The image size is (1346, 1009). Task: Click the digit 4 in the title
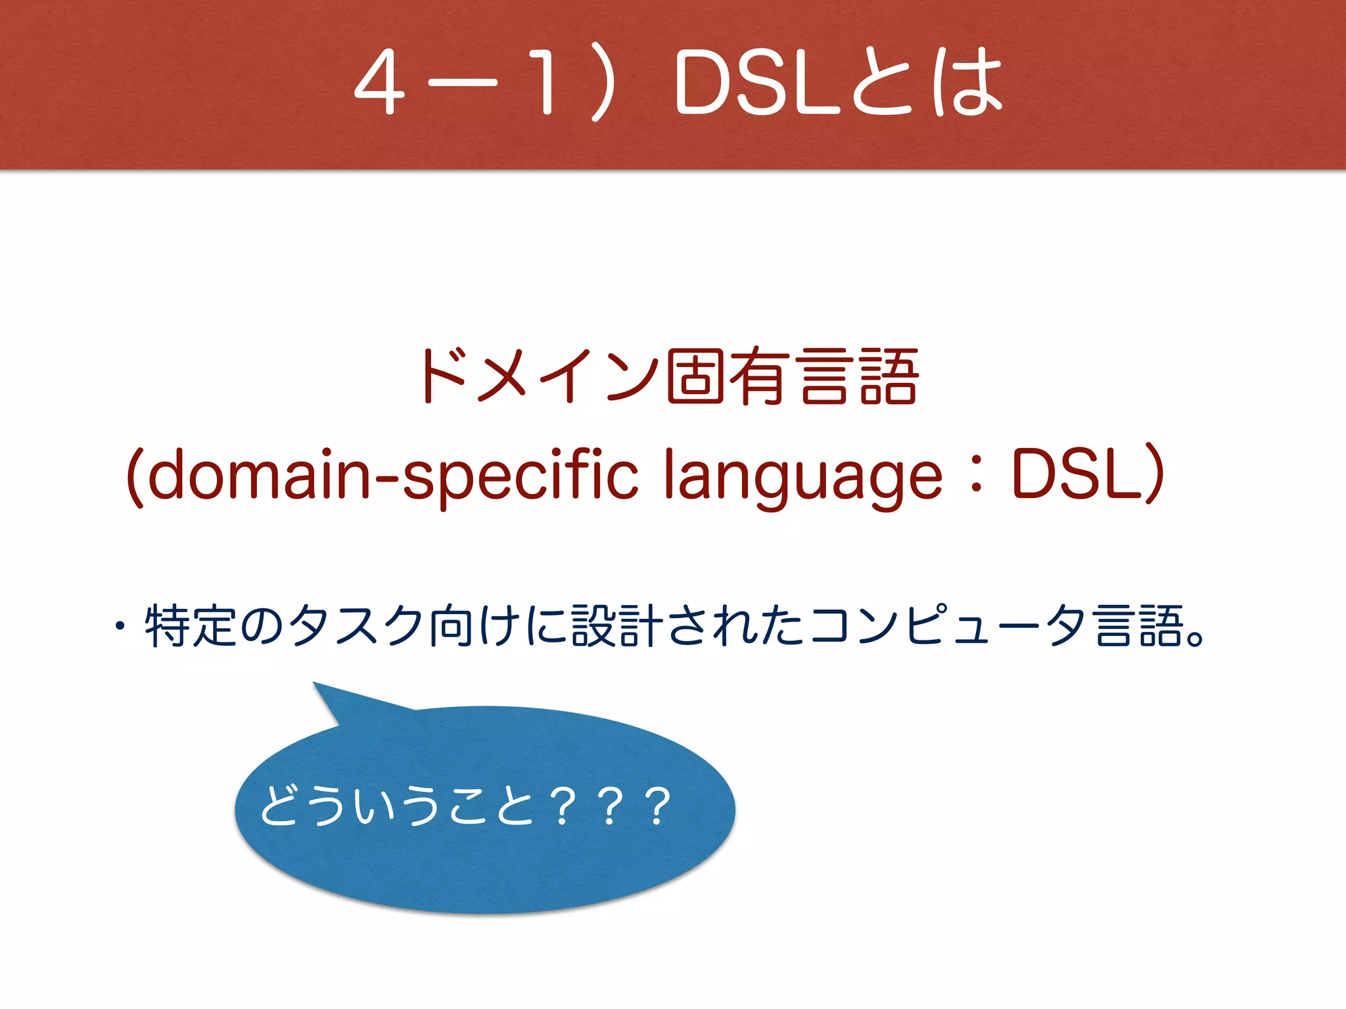[x=379, y=84]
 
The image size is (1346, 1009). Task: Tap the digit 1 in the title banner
[x=545, y=84]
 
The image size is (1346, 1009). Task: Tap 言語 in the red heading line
[x=857, y=376]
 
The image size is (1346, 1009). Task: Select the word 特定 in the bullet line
[x=191, y=626]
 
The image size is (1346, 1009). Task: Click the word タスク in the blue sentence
[x=355, y=626]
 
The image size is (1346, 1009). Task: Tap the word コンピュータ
[x=946, y=626]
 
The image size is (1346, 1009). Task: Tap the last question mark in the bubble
[x=657, y=807]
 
